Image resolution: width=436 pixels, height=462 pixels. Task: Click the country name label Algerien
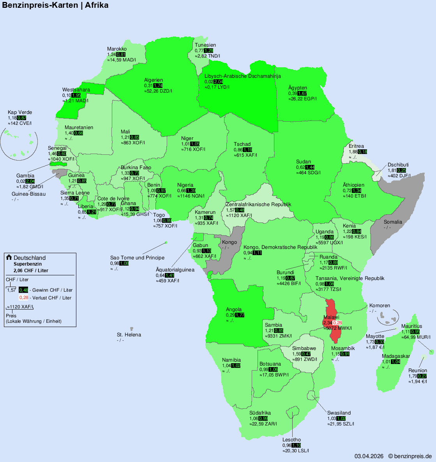pyautogui.click(x=154, y=80)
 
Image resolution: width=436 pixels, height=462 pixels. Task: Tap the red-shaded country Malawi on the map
pyautogui.click(x=332, y=309)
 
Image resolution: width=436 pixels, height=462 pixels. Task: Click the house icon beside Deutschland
pyautogui.click(x=9, y=257)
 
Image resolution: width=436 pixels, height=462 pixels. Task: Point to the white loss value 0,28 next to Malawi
pyautogui.click(x=337, y=323)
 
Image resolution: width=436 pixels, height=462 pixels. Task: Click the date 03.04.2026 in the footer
pyautogui.click(x=369, y=456)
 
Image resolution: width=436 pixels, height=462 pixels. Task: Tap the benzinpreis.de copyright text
pyautogui.click(x=410, y=456)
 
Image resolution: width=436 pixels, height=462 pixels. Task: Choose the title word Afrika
pyautogui.click(x=97, y=5)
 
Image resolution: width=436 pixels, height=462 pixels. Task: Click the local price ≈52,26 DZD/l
pyautogui.click(x=158, y=91)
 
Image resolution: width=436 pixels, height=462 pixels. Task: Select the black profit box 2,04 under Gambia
pyautogui.click(x=30, y=181)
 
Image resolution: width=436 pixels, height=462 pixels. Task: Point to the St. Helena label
pyautogui.click(x=129, y=335)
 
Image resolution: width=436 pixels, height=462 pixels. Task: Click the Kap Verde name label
pyautogui.click(x=20, y=112)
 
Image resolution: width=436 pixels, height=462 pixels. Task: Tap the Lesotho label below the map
pyautogui.click(x=291, y=440)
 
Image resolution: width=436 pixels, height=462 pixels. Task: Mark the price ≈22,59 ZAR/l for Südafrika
pyautogui.click(x=263, y=424)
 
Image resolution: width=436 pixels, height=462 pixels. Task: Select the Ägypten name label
pyautogui.click(x=298, y=88)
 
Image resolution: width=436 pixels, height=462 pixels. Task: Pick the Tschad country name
pyautogui.click(x=242, y=144)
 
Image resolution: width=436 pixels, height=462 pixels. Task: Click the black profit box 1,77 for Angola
pyautogui.click(x=240, y=315)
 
